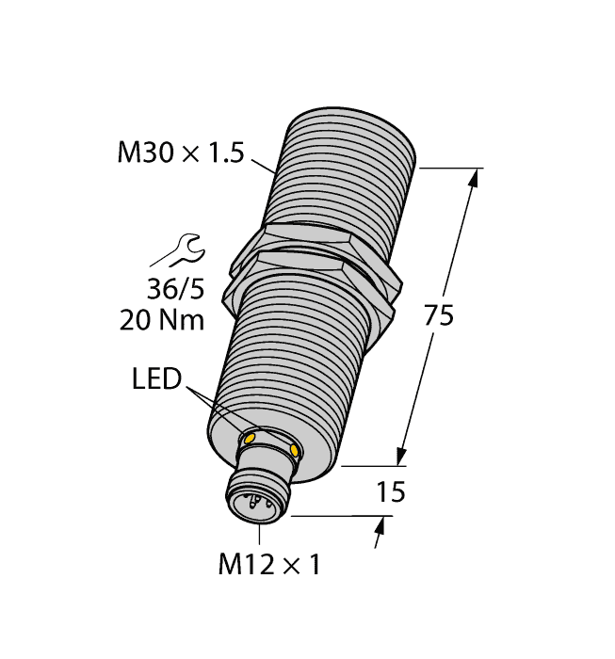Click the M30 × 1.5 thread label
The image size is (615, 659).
(x=181, y=153)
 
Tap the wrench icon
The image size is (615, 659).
(x=188, y=250)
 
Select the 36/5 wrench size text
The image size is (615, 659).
(x=176, y=289)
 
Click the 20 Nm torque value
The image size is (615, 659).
(x=162, y=320)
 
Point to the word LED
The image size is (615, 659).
(x=156, y=378)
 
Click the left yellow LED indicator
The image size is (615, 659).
(x=249, y=439)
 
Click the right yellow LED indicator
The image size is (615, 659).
(x=295, y=451)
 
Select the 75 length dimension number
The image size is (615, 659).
(x=439, y=315)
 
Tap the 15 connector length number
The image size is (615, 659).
(x=391, y=491)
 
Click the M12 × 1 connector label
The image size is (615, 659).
(x=269, y=564)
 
